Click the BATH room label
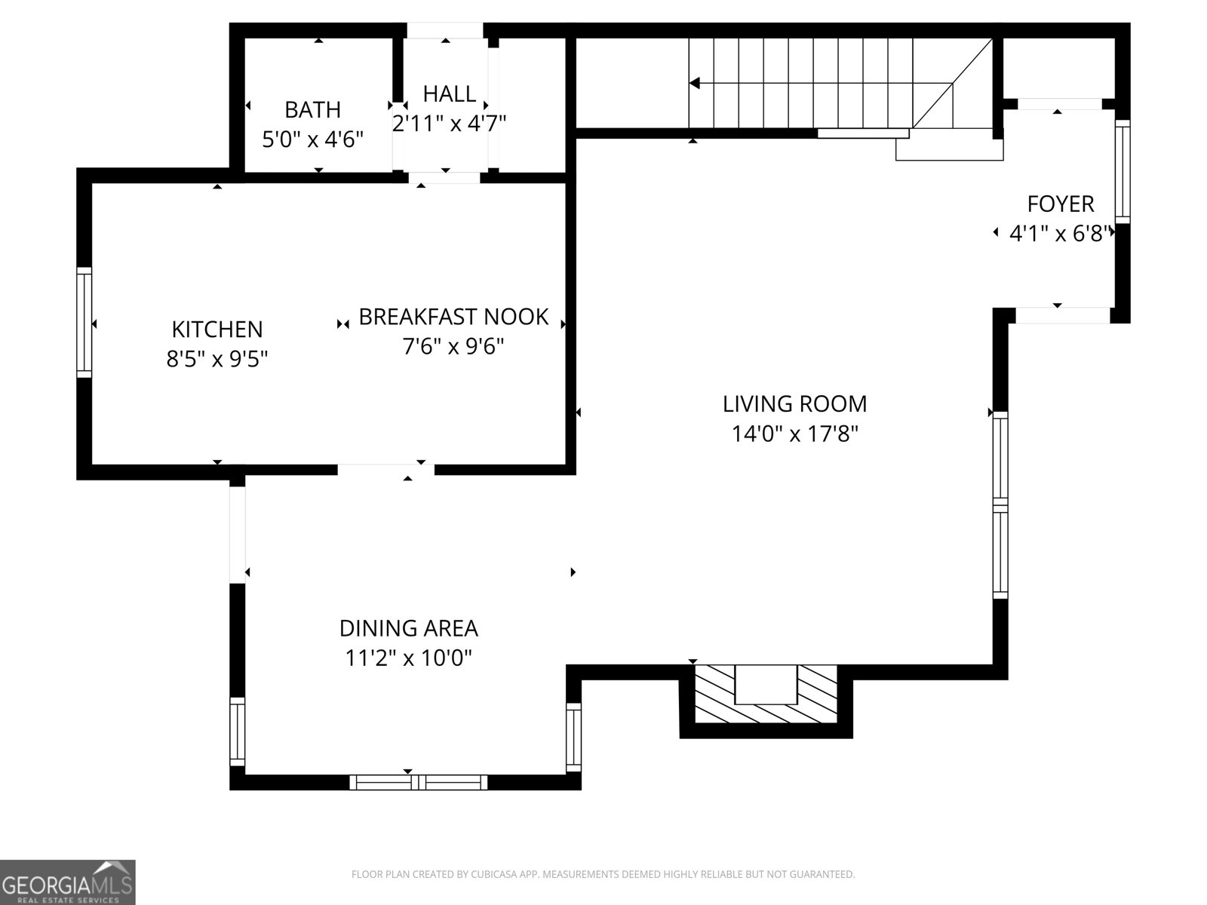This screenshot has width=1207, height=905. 312,110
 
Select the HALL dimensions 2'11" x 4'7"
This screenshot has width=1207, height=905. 449,123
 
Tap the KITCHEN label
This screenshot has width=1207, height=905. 217,330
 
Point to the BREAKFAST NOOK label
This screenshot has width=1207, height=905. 453,317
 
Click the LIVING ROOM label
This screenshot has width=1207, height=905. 794,404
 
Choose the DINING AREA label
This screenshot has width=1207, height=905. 408,628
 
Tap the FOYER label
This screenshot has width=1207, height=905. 1060,204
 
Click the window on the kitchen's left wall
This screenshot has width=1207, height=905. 84,322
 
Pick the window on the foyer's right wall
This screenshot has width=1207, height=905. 1123,171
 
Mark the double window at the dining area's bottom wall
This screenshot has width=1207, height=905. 419,782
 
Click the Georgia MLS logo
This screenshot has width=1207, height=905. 67,882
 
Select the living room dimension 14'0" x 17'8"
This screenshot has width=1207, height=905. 794,434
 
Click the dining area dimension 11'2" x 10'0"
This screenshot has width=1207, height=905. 408,658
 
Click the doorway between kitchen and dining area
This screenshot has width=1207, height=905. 386,470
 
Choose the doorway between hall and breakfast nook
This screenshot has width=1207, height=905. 445,178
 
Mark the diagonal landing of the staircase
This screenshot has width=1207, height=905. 954,83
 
